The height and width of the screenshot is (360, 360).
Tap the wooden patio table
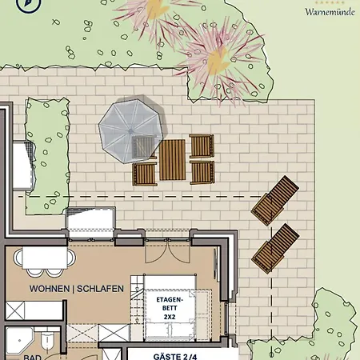pos(172,160)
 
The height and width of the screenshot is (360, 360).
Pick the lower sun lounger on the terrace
pos(275,245)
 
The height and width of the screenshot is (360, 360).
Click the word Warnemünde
pos(330,12)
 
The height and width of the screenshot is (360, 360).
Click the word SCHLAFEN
pos(103,289)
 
